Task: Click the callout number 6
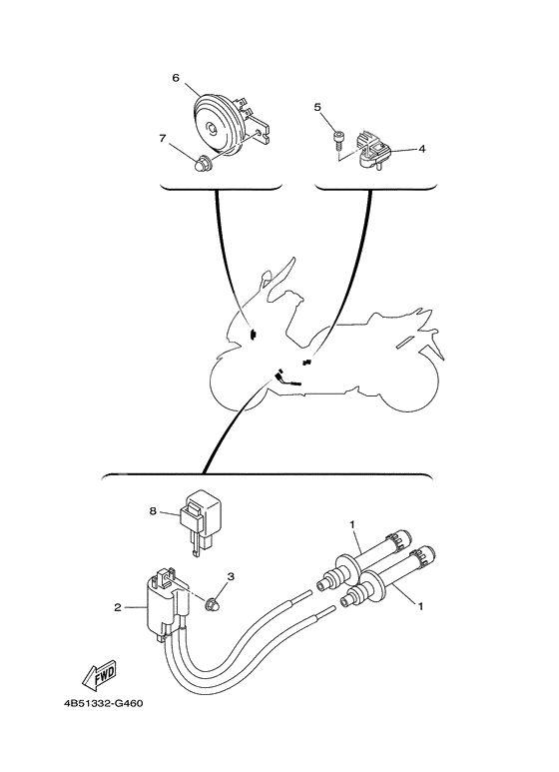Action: tap(176, 76)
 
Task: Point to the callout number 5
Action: tap(319, 106)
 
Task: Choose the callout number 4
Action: tap(422, 148)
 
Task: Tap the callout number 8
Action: tap(154, 511)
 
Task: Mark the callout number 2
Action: tap(118, 606)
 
